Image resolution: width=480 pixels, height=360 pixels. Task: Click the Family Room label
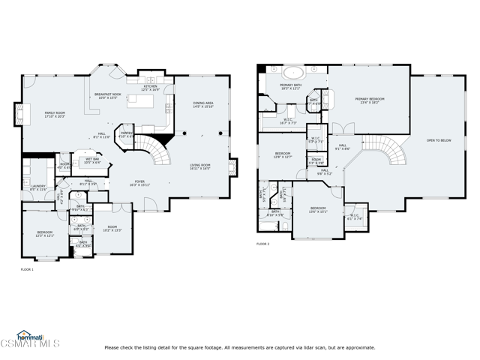(x=55, y=114)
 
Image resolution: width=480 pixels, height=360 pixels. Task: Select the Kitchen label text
(x=151, y=88)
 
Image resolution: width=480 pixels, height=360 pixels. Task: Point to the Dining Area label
(x=204, y=105)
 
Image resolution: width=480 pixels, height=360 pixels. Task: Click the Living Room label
(x=199, y=166)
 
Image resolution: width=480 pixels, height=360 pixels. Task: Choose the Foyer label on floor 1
(x=139, y=182)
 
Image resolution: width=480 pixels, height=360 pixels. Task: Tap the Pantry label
(x=127, y=135)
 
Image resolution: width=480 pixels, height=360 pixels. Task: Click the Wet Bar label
(x=92, y=160)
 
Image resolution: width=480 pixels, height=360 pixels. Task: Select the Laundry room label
(x=38, y=187)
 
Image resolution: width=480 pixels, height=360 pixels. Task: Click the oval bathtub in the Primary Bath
(x=292, y=73)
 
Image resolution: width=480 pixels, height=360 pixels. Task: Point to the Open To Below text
(x=439, y=140)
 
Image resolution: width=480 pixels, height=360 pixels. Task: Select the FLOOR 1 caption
(x=27, y=269)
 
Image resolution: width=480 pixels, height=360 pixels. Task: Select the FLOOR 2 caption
(x=262, y=244)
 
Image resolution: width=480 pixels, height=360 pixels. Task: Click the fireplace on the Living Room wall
(x=232, y=166)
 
